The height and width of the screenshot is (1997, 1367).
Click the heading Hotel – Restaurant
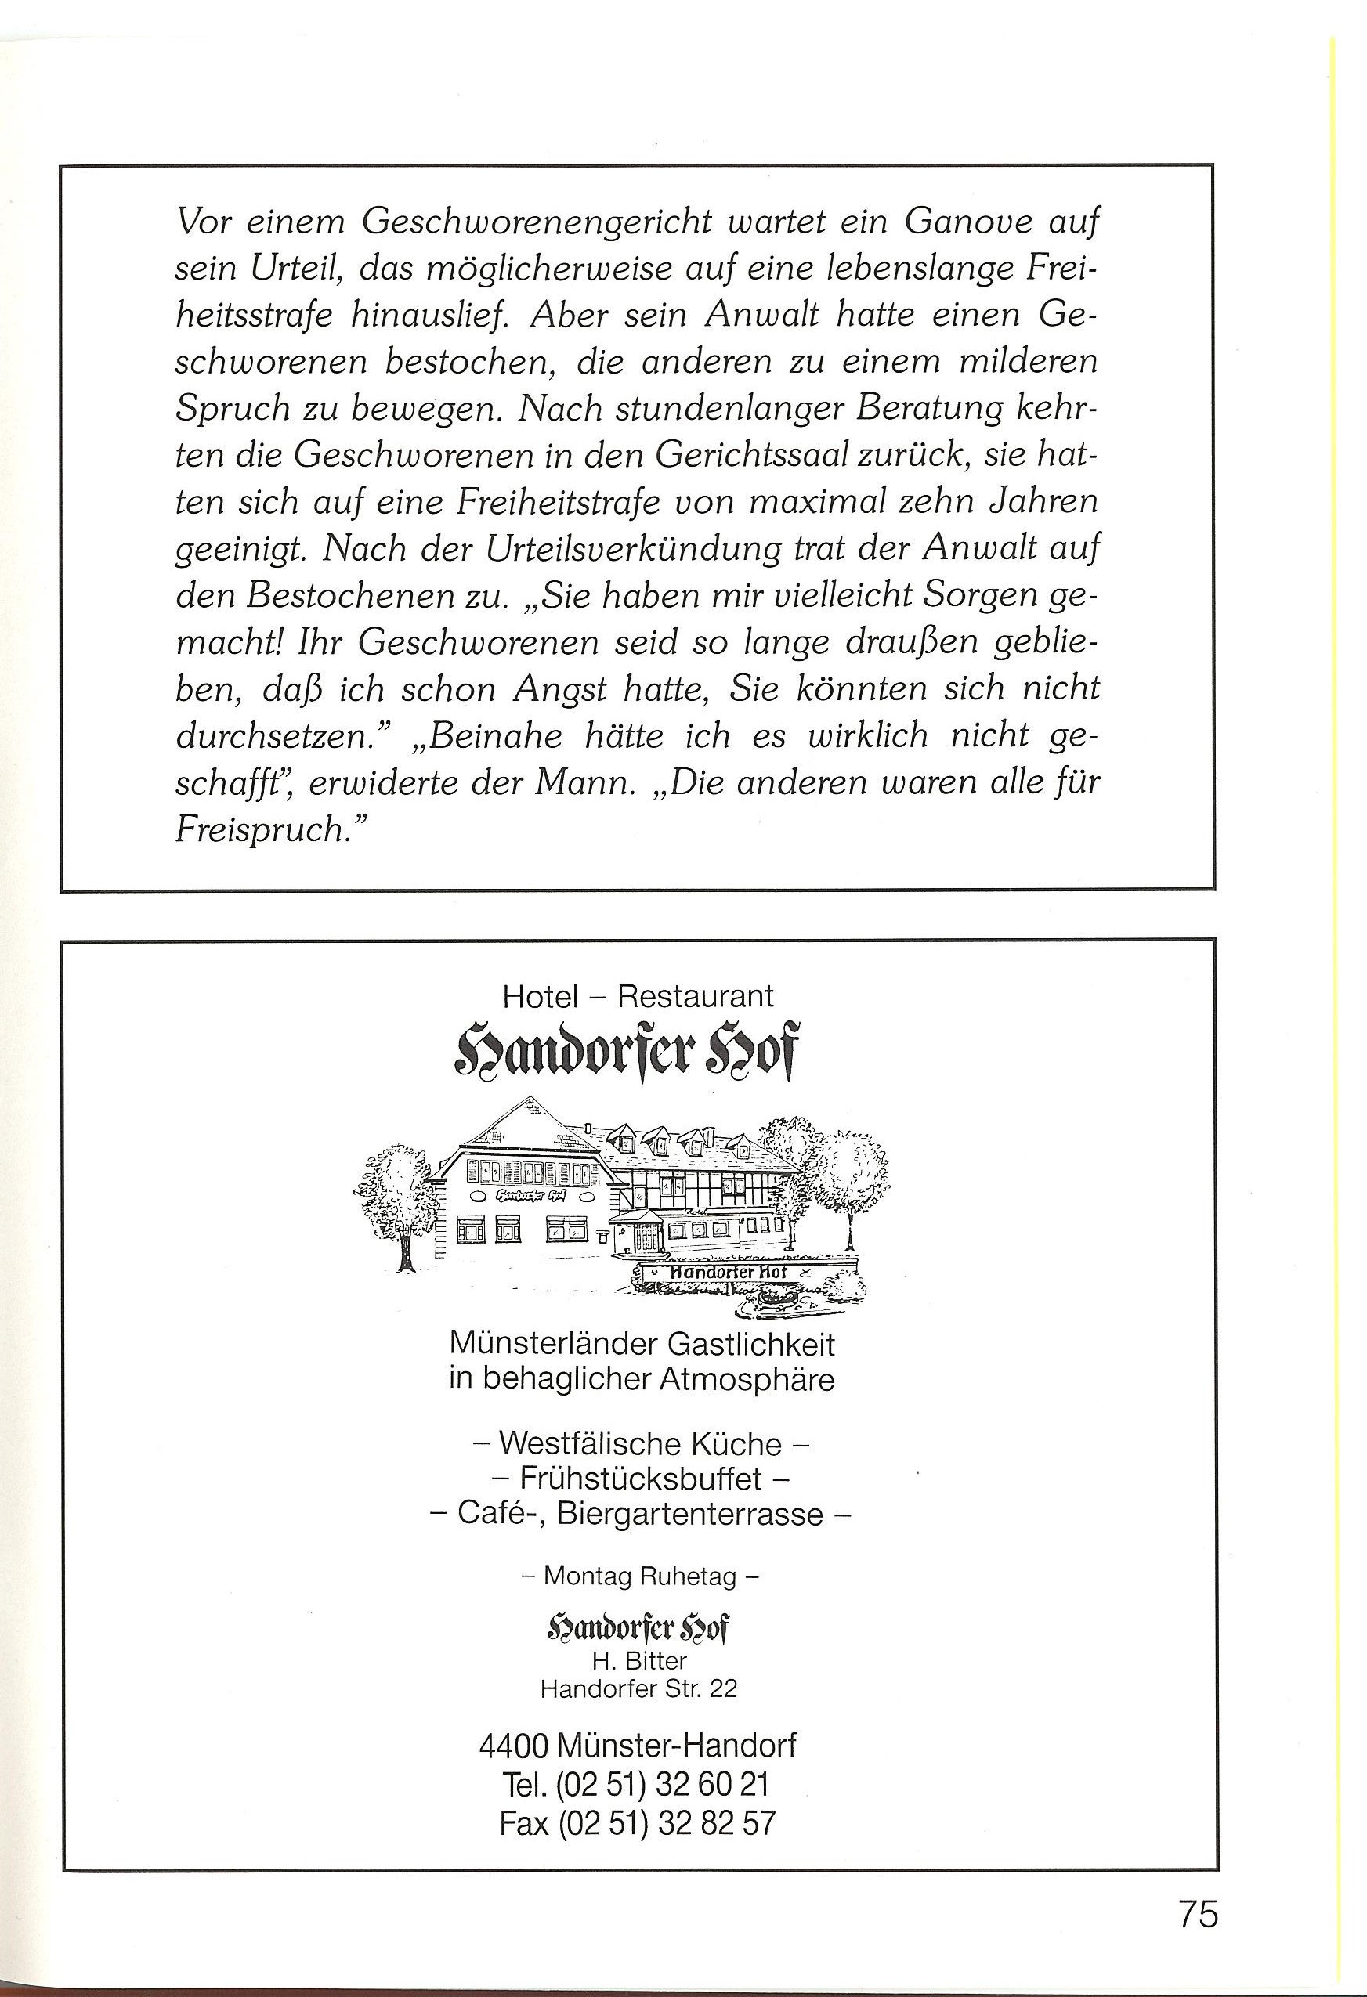[x=638, y=996]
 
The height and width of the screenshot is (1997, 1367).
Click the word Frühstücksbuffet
[x=641, y=1479]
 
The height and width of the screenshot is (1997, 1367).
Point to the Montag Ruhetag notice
[x=641, y=1576]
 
